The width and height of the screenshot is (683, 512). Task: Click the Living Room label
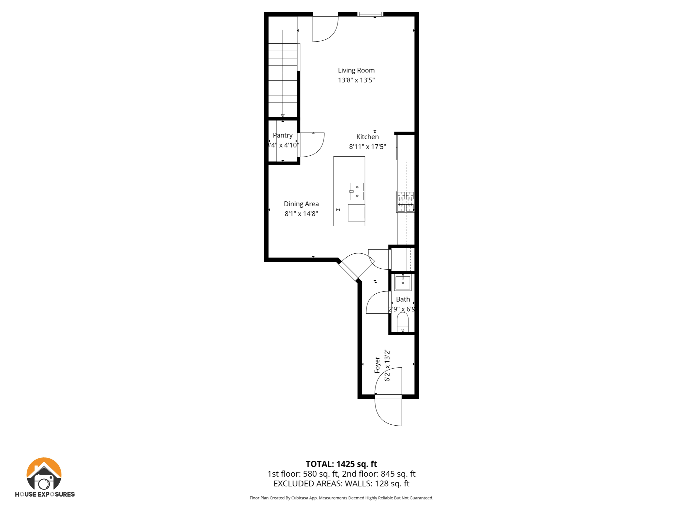[x=356, y=70]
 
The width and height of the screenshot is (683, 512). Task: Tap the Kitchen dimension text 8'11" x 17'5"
[x=368, y=147]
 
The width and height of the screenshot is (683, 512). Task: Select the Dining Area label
[x=301, y=204]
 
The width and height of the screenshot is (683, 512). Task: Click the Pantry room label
[x=282, y=135]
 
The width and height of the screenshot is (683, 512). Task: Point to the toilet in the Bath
[x=403, y=321]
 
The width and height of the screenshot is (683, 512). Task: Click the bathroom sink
[x=403, y=283]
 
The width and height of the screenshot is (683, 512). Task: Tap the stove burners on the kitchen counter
[x=405, y=202]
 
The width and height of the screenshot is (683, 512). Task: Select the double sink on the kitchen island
[x=357, y=191]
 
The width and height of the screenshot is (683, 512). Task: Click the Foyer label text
[x=377, y=365]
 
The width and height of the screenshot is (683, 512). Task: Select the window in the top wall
[x=370, y=14]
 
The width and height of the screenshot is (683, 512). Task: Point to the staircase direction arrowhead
[x=283, y=116]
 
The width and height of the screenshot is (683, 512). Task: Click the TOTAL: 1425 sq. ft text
[x=341, y=464]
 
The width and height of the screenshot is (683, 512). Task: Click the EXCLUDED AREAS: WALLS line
[x=341, y=484]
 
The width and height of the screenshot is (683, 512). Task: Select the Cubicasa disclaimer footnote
[x=341, y=498]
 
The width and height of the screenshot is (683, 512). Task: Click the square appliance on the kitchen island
[x=356, y=213]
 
